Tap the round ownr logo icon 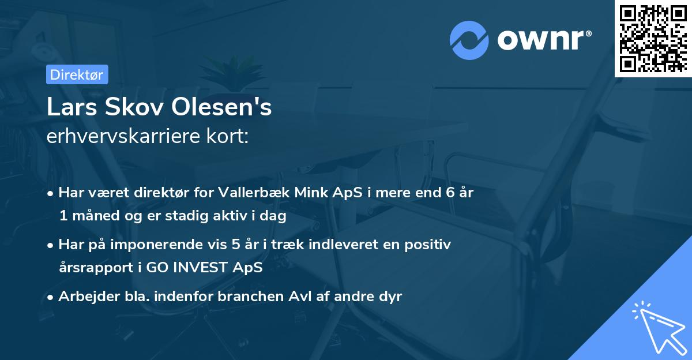(x=469, y=40)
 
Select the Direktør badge (x=77, y=74)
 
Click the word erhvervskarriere (x=121, y=137)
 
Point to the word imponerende (x=169, y=244)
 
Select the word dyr (x=389, y=297)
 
